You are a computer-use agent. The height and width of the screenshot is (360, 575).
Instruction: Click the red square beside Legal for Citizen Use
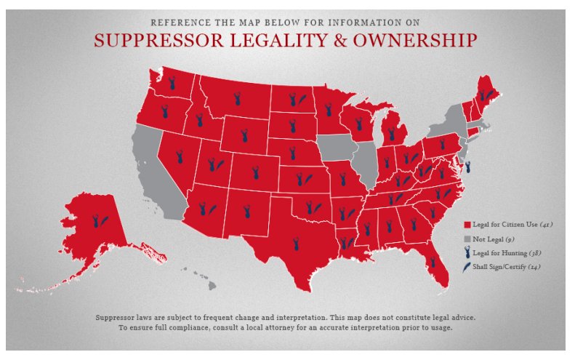pos(467,224)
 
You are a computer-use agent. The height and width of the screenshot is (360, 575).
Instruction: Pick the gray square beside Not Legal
pos(467,239)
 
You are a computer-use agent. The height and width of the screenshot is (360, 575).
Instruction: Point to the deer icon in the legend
pos(467,253)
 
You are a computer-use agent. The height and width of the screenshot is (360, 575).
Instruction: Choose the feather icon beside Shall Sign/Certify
pos(467,268)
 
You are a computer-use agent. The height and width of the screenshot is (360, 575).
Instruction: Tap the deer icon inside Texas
pos(297,244)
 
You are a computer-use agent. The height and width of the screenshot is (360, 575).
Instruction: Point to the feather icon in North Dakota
pos(302,96)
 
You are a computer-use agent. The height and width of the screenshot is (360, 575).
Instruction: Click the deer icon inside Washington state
pos(172,83)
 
